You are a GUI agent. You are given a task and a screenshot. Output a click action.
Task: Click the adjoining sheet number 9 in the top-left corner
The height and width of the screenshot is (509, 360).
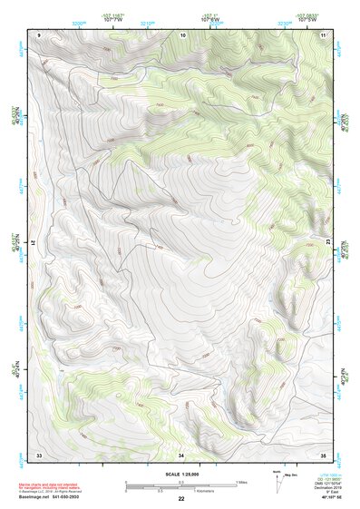pyautogui.click(x=40, y=34)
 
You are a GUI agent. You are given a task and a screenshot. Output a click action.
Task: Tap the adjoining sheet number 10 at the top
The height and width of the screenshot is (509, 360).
pyautogui.click(x=183, y=34)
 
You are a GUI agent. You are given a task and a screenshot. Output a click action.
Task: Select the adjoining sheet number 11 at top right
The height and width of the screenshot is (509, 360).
pyautogui.click(x=324, y=34)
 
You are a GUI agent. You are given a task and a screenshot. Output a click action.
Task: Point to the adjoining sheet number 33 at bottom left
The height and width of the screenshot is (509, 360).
pyautogui.click(x=39, y=453)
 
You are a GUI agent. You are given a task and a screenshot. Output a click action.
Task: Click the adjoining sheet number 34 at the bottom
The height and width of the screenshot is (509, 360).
pyautogui.click(x=181, y=453)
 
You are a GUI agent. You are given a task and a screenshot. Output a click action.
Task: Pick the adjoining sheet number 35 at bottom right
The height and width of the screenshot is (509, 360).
pyautogui.click(x=323, y=453)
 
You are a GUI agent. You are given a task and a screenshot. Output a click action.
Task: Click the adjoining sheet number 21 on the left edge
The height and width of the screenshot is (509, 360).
pyautogui.click(x=37, y=242)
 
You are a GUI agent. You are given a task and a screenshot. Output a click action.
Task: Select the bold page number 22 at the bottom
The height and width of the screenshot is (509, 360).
pyautogui.click(x=181, y=499)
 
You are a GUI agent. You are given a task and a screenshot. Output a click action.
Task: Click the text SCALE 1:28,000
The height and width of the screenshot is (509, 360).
pyautogui.click(x=181, y=474)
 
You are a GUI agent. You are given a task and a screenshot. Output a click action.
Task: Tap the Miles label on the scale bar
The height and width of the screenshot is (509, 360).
pyautogui.click(x=242, y=481)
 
